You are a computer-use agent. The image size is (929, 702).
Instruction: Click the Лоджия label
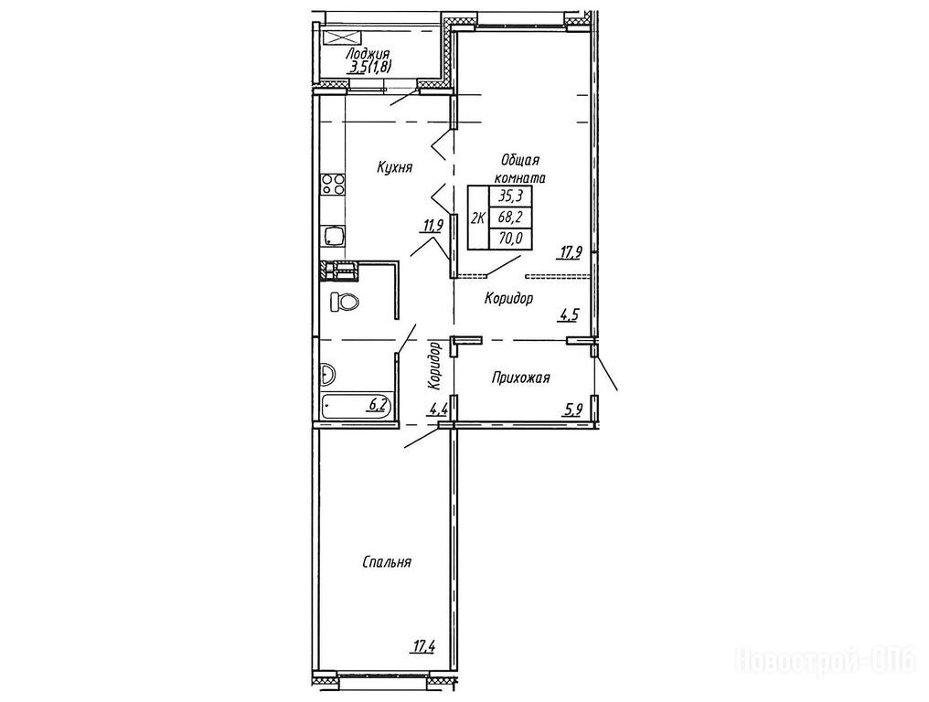pyautogui.click(x=365, y=55)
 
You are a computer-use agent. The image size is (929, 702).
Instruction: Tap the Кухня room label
pyautogui.click(x=395, y=167)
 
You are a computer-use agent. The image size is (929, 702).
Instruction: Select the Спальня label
pyautogui.click(x=387, y=561)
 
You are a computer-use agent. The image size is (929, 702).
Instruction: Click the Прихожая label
pyautogui.click(x=521, y=378)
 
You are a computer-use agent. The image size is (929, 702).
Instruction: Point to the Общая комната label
pyautogui.click(x=520, y=168)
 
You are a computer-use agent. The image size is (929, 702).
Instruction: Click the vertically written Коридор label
pyautogui.click(x=435, y=366)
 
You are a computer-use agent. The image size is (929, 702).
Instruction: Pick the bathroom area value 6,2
pyautogui.click(x=379, y=405)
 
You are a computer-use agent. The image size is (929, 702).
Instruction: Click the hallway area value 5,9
pyautogui.click(x=572, y=409)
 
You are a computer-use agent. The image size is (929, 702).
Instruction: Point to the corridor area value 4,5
pyautogui.click(x=569, y=314)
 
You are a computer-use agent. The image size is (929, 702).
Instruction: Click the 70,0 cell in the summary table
pyautogui.click(x=509, y=239)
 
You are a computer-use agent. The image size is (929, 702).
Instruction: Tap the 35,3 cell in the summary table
pyautogui.click(x=509, y=197)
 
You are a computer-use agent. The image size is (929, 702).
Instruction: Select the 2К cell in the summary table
pyautogui.click(x=478, y=218)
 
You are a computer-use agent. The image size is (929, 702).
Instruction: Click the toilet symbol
pyautogui.click(x=344, y=303)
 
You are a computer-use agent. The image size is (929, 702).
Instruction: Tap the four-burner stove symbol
pyautogui.click(x=332, y=185)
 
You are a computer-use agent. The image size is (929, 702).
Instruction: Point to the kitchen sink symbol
pyautogui.click(x=332, y=237)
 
